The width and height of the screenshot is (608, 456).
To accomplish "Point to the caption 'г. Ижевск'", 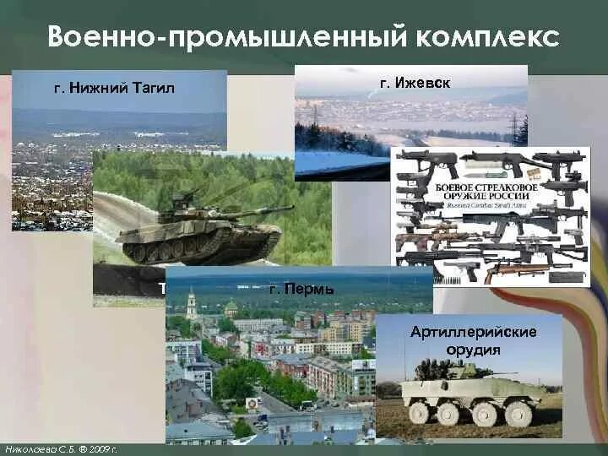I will [415, 83].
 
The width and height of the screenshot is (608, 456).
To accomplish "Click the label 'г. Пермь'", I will [301, 289].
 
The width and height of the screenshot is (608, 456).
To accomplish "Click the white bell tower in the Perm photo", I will [192, 304].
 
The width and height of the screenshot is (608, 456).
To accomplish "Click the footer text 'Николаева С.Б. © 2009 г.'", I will [60, 448].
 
